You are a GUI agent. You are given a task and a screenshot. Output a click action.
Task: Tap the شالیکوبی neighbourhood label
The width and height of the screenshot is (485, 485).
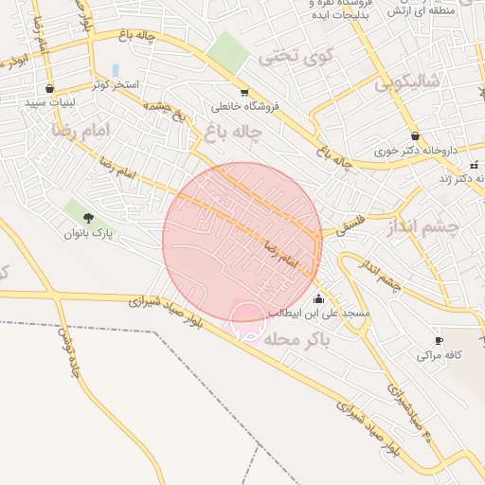tap(408, 83)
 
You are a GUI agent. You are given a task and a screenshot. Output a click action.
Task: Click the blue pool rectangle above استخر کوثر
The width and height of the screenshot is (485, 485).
tap(116, 71)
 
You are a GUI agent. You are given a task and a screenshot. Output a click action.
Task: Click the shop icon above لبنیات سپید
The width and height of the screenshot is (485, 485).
tap(49, 88)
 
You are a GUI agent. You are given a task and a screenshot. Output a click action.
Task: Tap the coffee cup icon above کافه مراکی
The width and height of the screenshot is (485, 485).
tap(439, 341)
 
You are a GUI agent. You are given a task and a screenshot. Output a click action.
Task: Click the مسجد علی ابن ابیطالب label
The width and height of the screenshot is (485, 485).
tap(325, 313)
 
